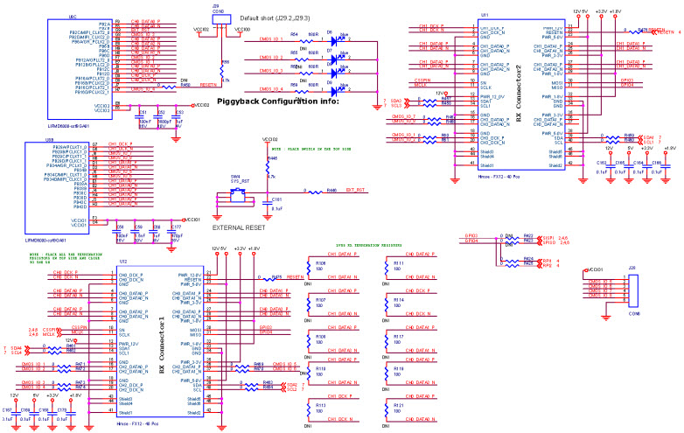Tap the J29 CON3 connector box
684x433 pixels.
coord(219,19)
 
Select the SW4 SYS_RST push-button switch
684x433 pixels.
coord(236,194)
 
